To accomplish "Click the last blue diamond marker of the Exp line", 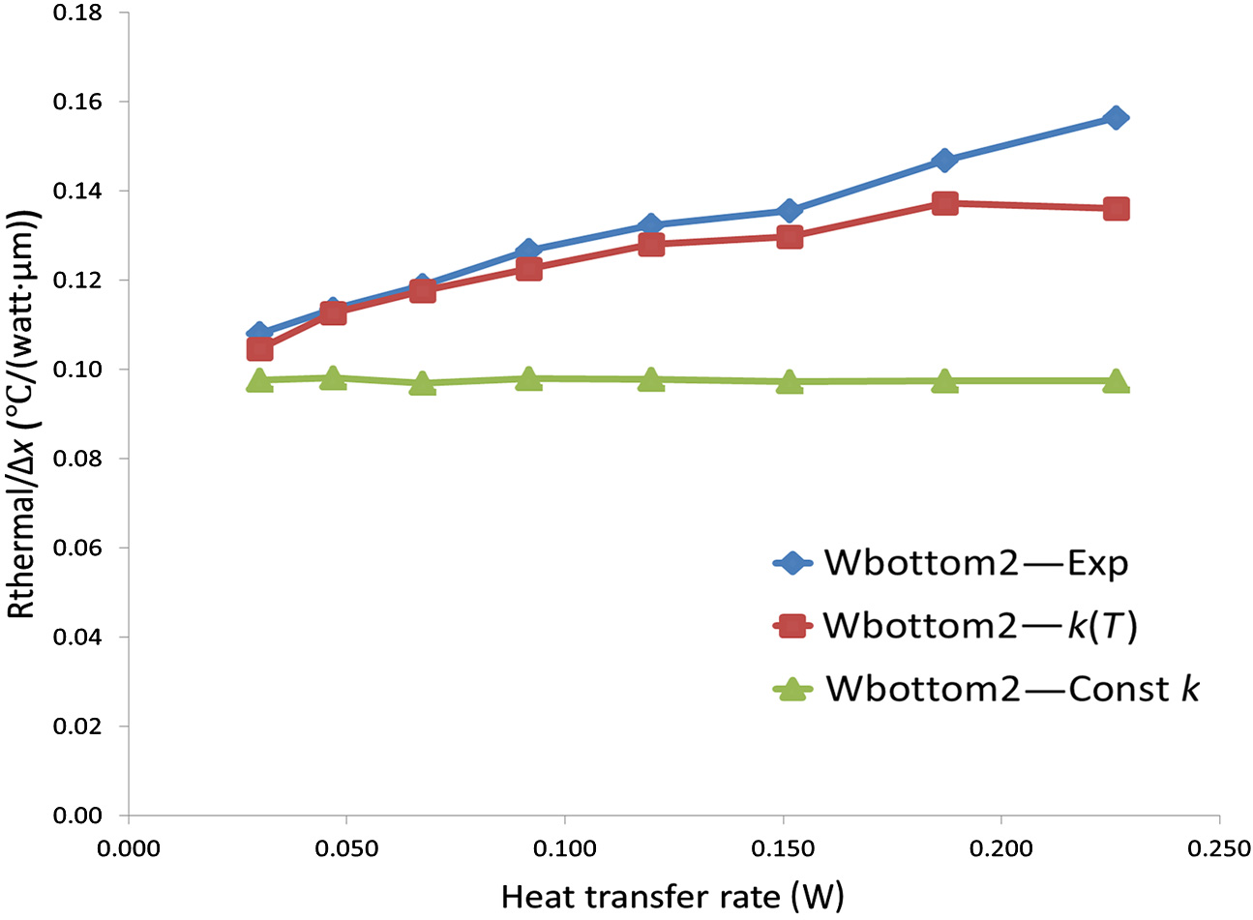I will coord(1116,118).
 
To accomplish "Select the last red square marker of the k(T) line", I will coord(1116,209).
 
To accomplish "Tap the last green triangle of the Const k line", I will coord(1116,380).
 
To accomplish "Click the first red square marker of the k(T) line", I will coord(259,348).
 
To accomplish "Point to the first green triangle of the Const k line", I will coord(259,380).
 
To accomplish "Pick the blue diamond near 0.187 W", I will coord(945,161).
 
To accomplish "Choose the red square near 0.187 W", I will coord(945,203).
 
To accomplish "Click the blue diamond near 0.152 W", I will coord(790,211).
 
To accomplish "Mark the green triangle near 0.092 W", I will coord(528,379).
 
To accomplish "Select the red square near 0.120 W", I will coord(651,244).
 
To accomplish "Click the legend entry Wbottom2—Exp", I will coord(975,563).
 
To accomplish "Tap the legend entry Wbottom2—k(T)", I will coord(979,626).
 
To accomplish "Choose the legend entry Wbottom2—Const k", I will coord(1011,689).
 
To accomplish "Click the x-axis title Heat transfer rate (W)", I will coord(672,897).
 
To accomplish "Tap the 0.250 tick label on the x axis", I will coord(1218,849).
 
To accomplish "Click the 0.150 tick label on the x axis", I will coord(782,849).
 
